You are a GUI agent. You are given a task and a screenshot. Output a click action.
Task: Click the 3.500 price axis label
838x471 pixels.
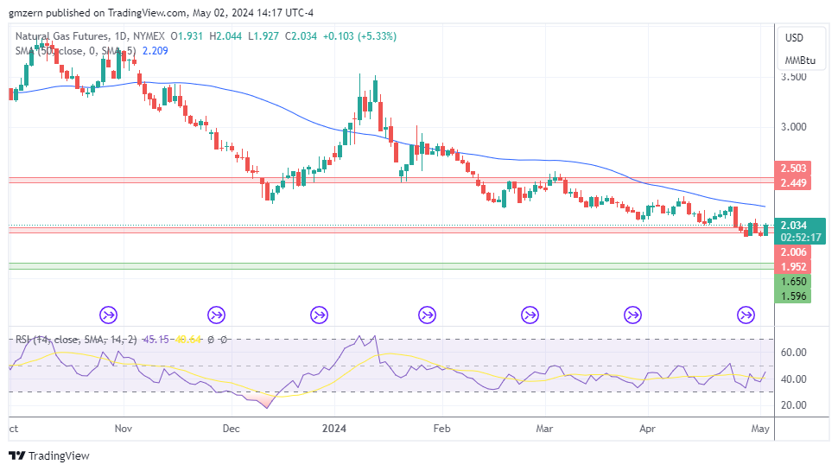tap(795, 77)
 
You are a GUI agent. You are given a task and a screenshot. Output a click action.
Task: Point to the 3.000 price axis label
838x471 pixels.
tap(795, 126)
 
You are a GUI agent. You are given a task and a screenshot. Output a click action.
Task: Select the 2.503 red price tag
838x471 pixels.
tap(793, 169)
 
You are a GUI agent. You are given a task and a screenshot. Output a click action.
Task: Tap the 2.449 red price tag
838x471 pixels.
tap(793, 183)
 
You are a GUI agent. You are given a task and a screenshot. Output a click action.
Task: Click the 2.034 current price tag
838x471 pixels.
tap(793, 226)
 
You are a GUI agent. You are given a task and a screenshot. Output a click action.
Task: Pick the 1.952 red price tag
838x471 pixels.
tap(793, 267)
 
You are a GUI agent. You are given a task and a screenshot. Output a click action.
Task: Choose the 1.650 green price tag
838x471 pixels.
tap(793, 282)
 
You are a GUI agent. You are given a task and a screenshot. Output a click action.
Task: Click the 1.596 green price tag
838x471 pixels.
tap(793, 296)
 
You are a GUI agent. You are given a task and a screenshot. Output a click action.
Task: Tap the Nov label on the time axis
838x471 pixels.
tap(123, 428)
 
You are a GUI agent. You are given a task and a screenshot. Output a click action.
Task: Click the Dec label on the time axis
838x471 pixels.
tap(230, 428)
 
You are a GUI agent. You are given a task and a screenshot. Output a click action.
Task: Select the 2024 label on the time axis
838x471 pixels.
tap(333, 428)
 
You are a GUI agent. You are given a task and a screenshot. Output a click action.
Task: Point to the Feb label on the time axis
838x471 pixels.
tap(441, 428)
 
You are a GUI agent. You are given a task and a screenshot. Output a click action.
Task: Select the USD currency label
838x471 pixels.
tap(793, 38)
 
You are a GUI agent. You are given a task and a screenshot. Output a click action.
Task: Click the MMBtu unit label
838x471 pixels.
tap(799, 60)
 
